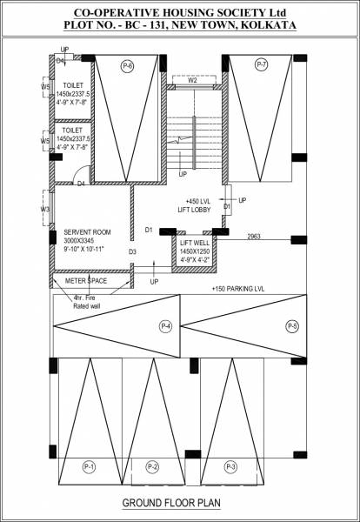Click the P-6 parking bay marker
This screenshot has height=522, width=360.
pos(129,65)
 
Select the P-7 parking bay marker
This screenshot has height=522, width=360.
pos(262,65)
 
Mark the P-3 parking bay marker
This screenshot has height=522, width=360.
pos(230,466)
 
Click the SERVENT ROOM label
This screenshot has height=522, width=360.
pos(87,232)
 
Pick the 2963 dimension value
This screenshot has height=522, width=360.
pos(255,237)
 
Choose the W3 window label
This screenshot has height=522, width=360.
pos(45,209)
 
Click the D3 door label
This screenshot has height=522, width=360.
pos(133,252)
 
